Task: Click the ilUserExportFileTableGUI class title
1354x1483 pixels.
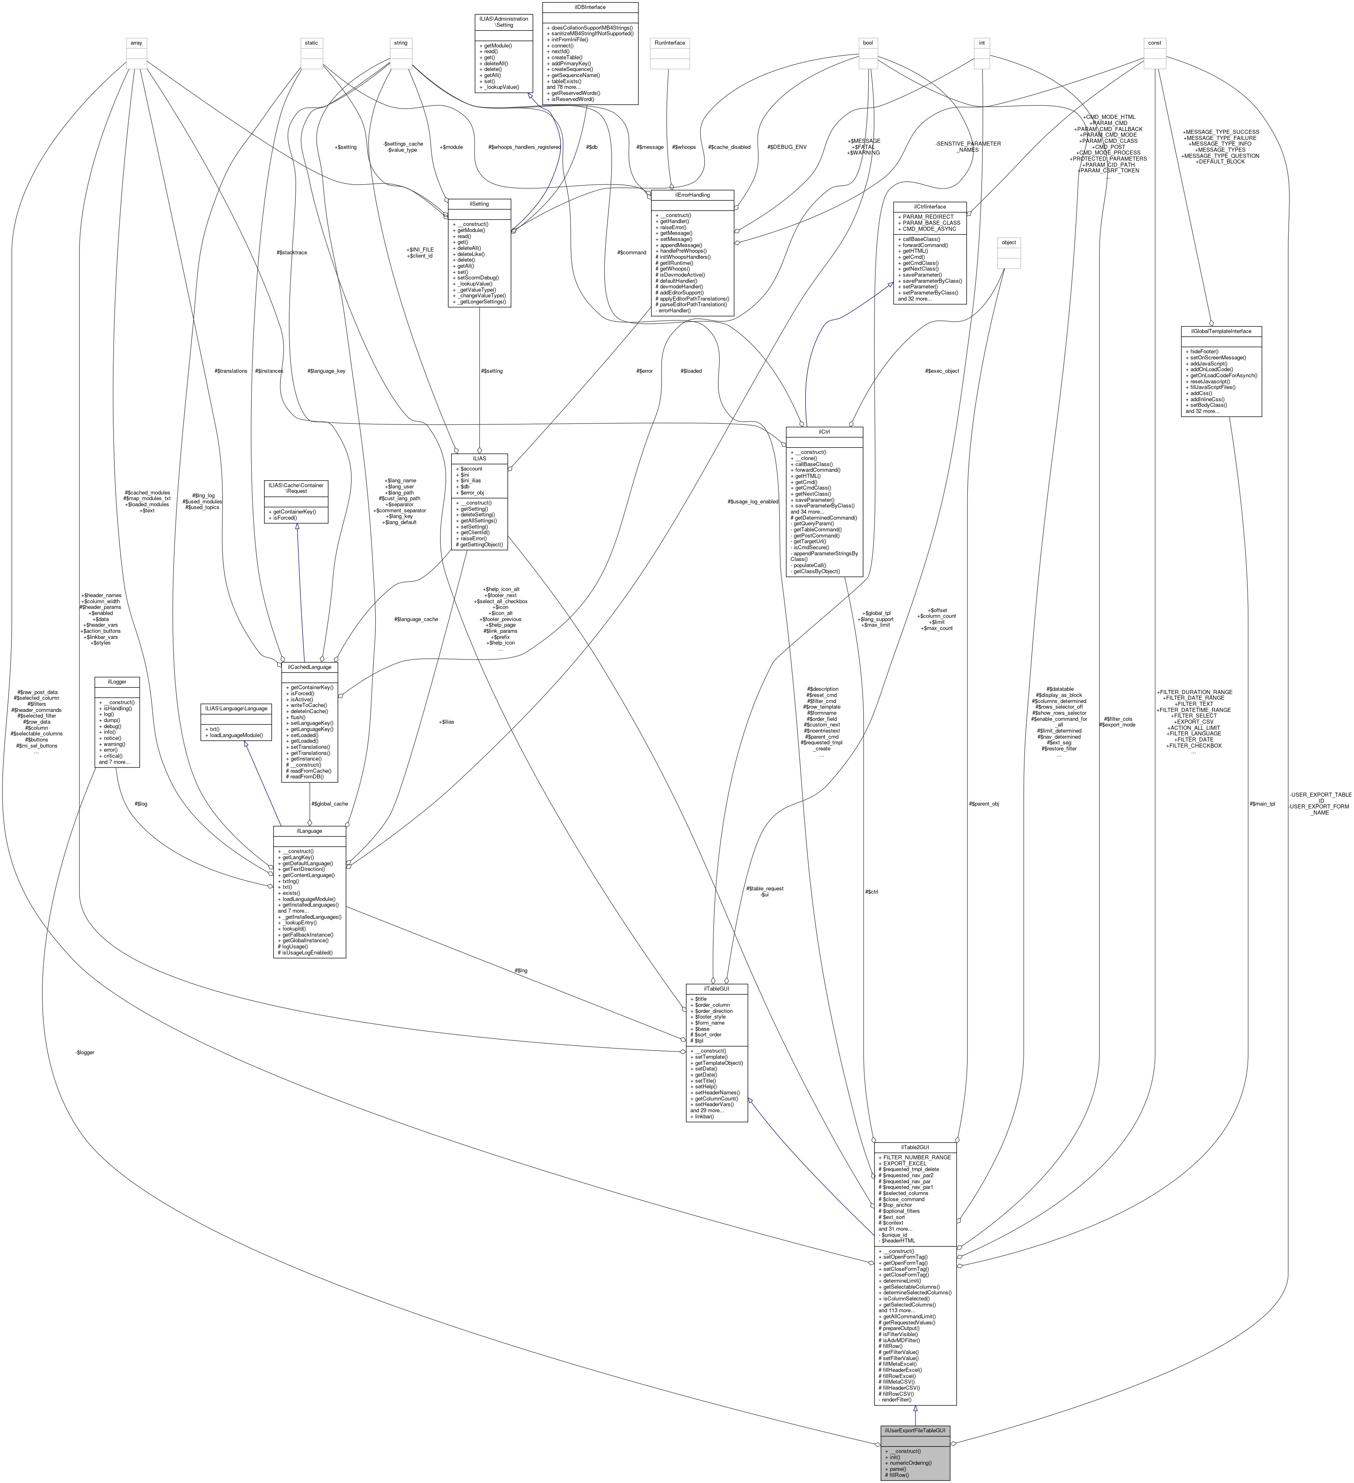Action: (915, 1430)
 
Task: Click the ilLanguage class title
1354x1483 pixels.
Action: (309, 830)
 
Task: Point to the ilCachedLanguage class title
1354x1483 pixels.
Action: (309, 667)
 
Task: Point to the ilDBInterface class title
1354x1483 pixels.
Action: (590, 6)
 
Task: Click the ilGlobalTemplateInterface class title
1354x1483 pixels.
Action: (1221, 331)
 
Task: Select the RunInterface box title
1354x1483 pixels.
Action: (669, 43)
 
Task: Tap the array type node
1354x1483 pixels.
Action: (136, 43)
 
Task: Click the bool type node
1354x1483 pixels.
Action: (868, 43)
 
